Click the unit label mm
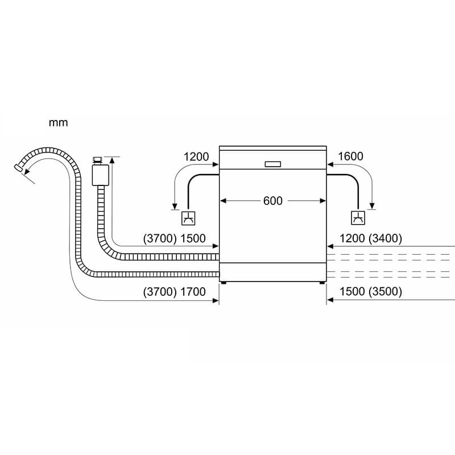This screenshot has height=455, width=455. [58, 123]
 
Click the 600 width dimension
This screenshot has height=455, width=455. [273, 201]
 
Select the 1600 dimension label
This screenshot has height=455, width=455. [350, 156]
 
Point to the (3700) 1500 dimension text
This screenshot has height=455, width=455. [175, 238]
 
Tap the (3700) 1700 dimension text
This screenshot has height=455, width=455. [175, 292]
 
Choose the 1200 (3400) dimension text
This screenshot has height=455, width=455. [371, 238]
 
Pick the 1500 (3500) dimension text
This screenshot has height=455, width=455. [371, 291]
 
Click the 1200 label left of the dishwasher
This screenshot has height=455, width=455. [196, 157]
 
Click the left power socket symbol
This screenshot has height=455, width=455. [188, 218]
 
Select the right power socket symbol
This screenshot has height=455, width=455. [358, 218]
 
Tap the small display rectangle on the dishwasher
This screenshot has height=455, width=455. [273, 164]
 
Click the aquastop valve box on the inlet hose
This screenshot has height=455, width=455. [101, 175]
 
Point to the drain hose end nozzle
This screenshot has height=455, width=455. [18, 167]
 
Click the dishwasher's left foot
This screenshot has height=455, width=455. [224, 282]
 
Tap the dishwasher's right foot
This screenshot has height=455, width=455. [322, 282]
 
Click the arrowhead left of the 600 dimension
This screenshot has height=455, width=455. [223, 201]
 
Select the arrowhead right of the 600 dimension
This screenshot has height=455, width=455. [322, 201]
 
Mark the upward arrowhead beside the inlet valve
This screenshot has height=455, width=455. [112, 160]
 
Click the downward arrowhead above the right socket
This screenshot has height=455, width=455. [372, 206]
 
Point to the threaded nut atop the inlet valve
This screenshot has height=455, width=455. [97, 160]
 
